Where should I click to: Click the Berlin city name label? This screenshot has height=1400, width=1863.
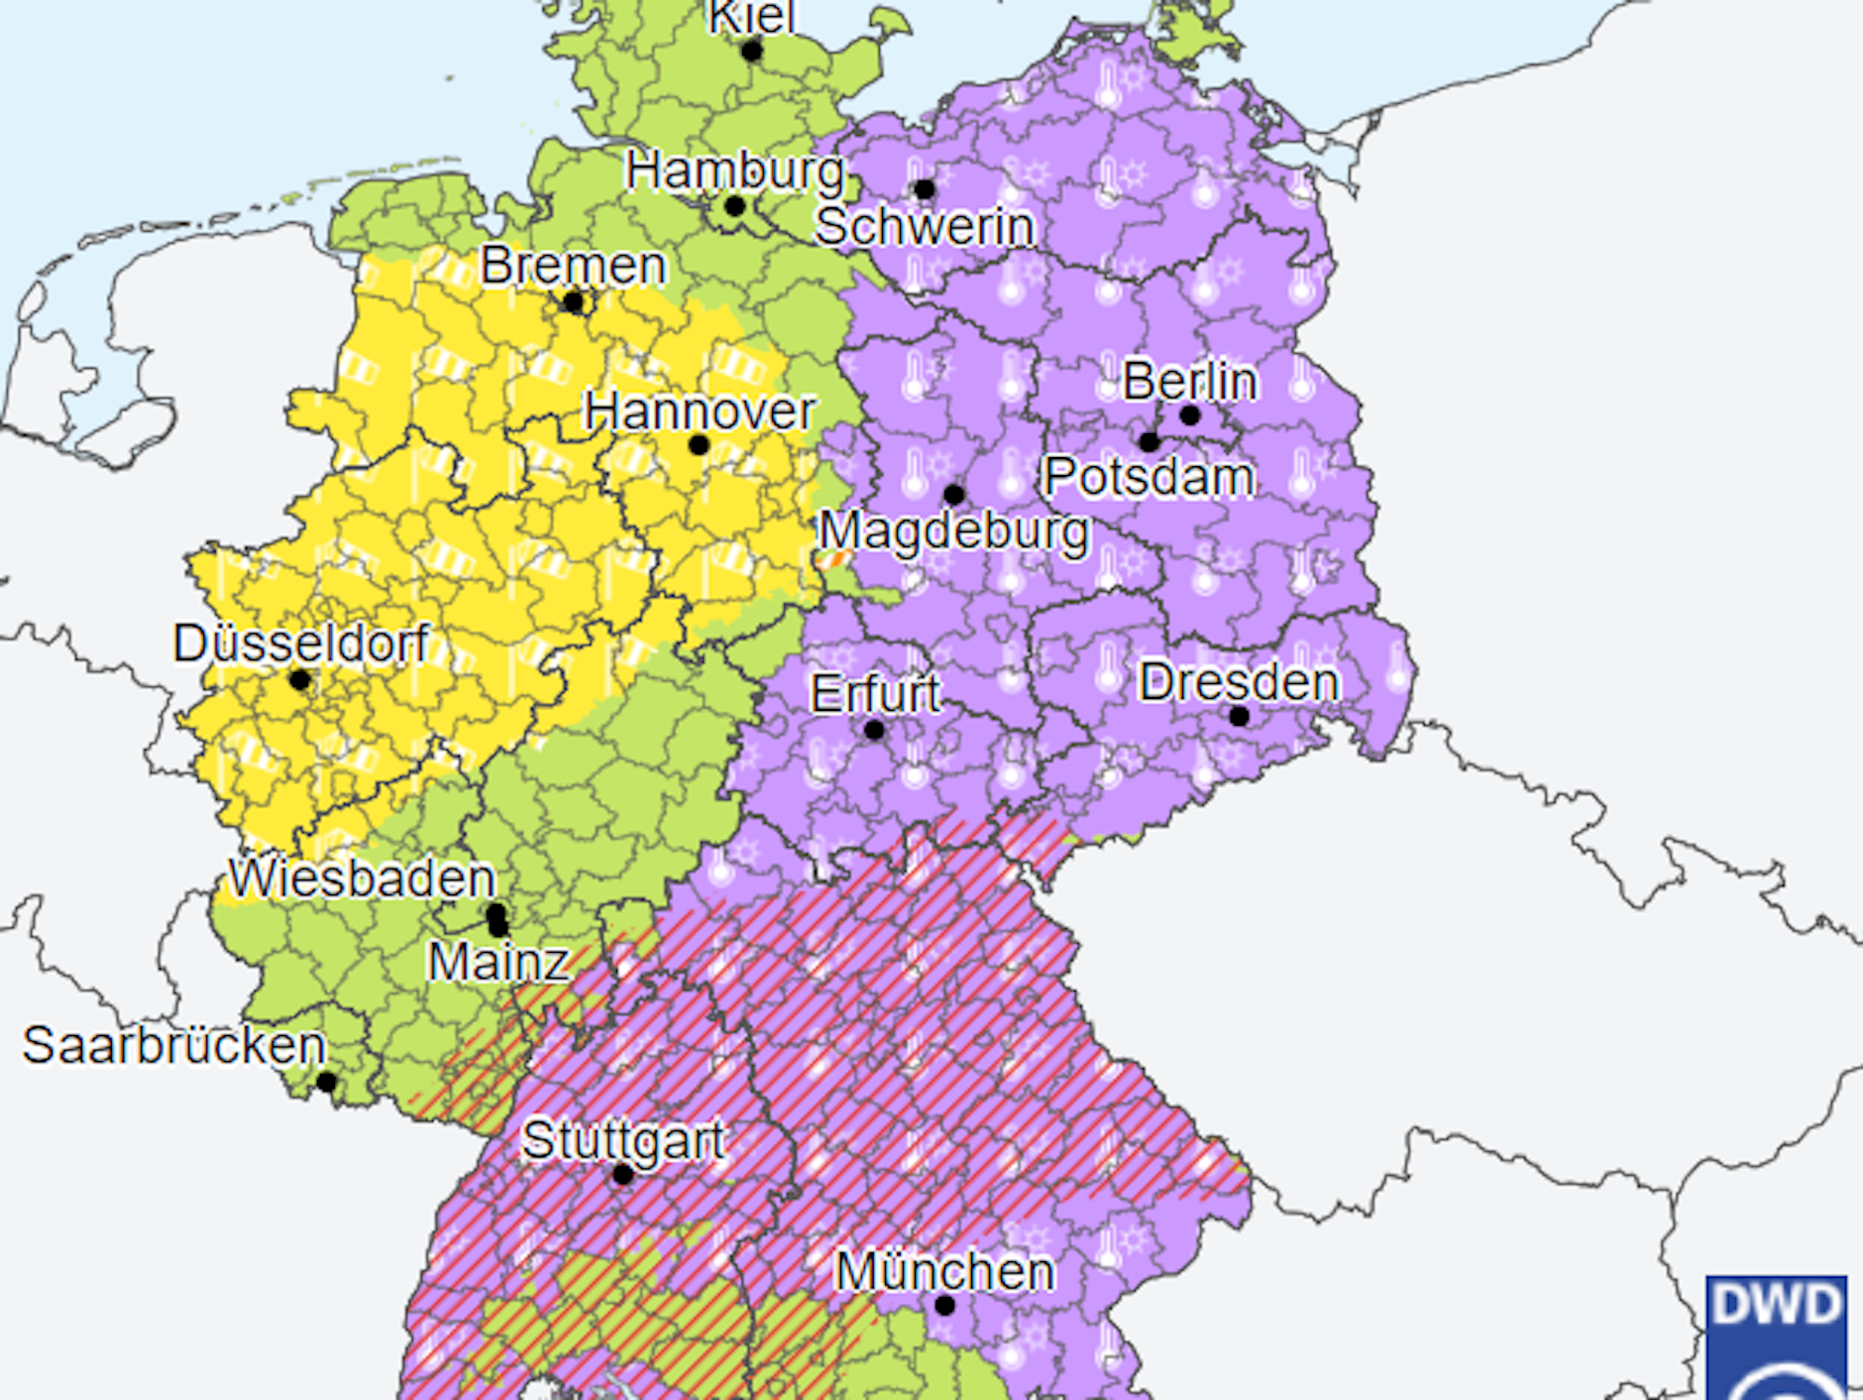(x=1189, y=381)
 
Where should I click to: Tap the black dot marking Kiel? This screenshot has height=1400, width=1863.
(x=752, y=51)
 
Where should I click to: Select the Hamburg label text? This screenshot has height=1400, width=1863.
(x=734, y=171)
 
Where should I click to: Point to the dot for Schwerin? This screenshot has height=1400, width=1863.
(x=924, y=188)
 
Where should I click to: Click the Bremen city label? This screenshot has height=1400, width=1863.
(x=573, y=266)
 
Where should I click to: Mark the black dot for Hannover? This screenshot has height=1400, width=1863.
(x=699, y=445)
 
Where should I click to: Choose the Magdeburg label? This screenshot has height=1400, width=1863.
(x=953, y=531)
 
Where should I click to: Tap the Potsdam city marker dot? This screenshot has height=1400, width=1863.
(x=1149, y=441)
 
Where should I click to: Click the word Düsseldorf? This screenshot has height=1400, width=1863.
(x=300, y=643)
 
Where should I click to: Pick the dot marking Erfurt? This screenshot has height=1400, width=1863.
(x=873, y=731)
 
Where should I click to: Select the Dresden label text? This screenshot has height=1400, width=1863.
(x=1239, y=682)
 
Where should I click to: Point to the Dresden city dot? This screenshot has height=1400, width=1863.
(x=1239, y=716)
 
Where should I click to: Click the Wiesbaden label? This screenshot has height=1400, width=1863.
(x=362, y=878)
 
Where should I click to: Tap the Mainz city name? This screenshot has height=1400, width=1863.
(x=498, y=962)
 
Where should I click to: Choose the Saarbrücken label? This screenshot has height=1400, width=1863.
(x=174, y=1045)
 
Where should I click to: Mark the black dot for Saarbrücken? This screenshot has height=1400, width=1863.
(x=326, y=1082)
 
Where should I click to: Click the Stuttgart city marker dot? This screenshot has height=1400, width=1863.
(x=622, y=1175)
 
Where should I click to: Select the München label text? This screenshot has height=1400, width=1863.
(x=944, y=1271)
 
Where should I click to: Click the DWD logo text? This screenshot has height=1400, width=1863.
(x=1776, y=1305)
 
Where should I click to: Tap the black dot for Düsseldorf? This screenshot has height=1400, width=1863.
(x=299, y=680)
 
